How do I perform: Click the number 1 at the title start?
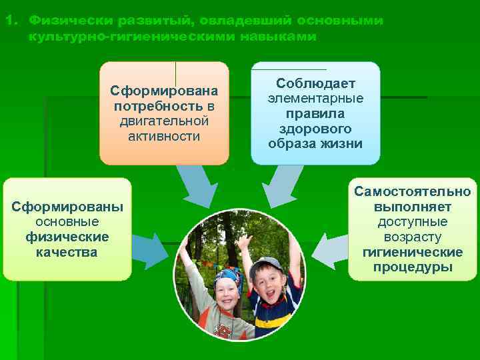click(x=7, y=20)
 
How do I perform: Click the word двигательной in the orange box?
click(x=164, y=121)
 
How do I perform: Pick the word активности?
click(x=164, y=136)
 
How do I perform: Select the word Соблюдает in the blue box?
click(x=315, y=84)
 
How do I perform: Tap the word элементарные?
click(x=315, y=99)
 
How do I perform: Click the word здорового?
click(x=315, y=129)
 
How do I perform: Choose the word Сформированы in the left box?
click(x=67, y=207)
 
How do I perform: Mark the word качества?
click(x=67, y=252)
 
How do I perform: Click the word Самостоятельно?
click(x=412, y=192)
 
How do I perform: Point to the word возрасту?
click(x=412, y=237)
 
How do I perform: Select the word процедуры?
click(x=412, y=267)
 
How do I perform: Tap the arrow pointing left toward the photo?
click(x=330, y=252)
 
